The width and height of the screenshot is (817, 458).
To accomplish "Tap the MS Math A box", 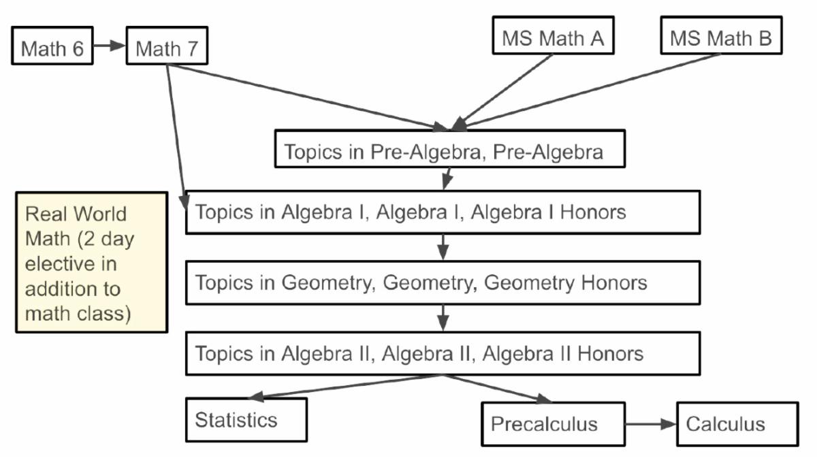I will coord(553,37).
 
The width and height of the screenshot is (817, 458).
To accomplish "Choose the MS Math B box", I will coord(720,37).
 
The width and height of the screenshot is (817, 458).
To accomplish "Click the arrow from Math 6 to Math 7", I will coord(110,46).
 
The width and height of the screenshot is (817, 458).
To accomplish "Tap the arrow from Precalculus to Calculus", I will coord(650,424).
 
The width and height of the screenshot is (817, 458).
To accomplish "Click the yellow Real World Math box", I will coord(91,263).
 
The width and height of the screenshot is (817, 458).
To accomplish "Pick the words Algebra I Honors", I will coord(548,212).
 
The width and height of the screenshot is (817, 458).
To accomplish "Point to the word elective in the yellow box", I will coord(58,263).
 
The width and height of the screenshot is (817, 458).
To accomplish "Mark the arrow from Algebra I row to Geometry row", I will coord(443,246).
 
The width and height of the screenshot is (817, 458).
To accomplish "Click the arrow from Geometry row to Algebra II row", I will coord(443,317).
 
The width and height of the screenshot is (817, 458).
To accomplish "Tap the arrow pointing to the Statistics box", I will coord(340,387).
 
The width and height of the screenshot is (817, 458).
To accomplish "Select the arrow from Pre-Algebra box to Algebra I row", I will coord(447,178).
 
